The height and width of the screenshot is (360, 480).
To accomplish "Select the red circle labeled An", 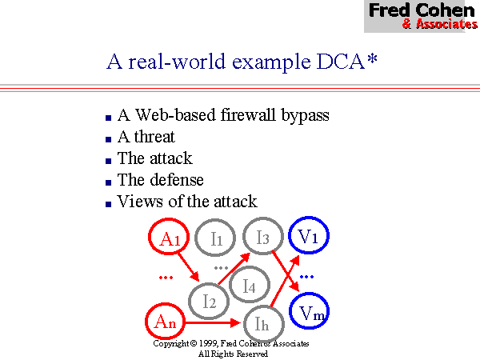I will (x=166, y=322).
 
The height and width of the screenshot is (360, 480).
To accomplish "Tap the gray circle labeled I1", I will (x=216, y=238).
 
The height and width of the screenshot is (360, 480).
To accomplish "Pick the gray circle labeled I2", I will (x=210, y=301).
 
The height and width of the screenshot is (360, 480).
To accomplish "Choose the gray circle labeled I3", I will (x=262, y=236).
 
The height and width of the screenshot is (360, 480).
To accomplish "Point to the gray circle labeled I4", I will (x=249, y=284).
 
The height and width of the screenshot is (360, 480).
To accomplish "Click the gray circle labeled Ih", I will (x=262, y=323).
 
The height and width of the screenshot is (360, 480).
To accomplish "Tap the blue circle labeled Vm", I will (x=308, y=314).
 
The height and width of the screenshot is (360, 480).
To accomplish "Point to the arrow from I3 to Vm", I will (x=284, y=273).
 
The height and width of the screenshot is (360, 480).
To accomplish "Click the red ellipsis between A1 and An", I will (x=166, y=278).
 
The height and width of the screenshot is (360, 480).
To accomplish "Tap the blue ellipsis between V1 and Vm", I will (x=307, y=276).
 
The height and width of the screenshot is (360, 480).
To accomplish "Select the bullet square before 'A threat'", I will (x=108, y=138).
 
